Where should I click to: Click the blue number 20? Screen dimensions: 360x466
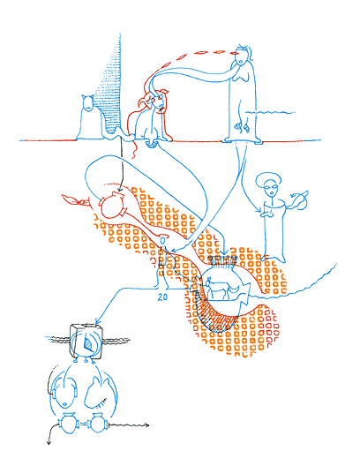coord(162,297)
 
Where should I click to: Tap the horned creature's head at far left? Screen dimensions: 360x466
coord(88,102)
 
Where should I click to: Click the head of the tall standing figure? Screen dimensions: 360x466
coord(242,56)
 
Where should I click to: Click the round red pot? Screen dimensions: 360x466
coord(112,205)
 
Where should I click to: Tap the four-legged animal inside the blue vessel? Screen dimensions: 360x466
coord(221,288)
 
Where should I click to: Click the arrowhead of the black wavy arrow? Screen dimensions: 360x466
coord(146,425)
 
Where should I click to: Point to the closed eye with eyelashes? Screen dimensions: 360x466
coord(101,402)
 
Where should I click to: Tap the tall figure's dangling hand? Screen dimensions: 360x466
coord(242,126)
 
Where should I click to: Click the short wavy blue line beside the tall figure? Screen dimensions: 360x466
coord(270,112)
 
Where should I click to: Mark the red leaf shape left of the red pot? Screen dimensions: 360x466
coord(73,199)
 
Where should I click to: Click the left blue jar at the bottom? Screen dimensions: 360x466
coord(68,424)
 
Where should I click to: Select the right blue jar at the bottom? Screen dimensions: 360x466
coord(98,424)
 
